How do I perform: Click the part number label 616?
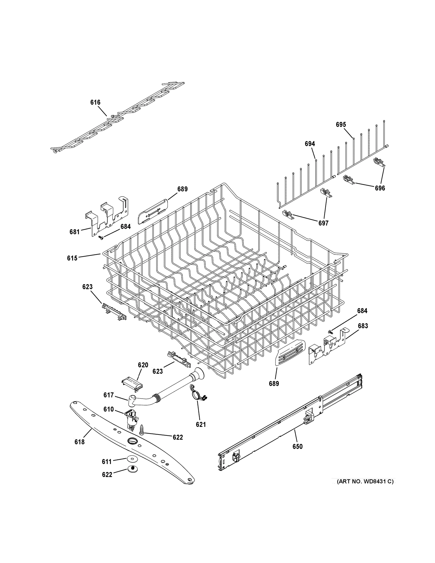[95, 102]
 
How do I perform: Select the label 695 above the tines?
[341, 125]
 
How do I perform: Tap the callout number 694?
[310, 144]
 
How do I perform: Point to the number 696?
[380, 188]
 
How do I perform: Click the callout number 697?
[323, 223]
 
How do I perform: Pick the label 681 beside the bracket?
[75, 232]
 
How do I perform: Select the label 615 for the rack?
[72, 258]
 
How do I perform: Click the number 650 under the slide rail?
[297, 446]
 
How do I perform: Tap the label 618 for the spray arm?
[79, 442]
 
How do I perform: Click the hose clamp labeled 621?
[198, 396]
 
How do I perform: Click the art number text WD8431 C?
[365, 482]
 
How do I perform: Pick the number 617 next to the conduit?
[109, 395]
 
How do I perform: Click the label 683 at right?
[363, 326]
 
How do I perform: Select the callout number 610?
[109, 409]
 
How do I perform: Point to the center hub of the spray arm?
[132, 440]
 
